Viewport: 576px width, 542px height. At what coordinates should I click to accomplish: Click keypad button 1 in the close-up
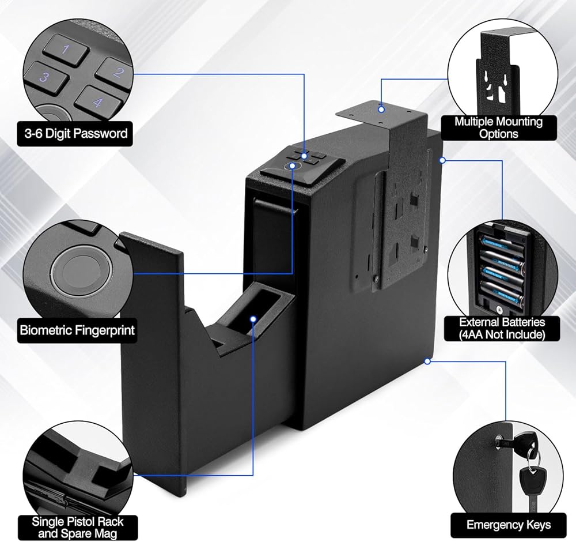point(66,49)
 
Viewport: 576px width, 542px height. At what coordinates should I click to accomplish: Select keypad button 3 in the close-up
point(46,78)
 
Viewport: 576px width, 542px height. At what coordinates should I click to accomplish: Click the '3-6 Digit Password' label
point(75,133)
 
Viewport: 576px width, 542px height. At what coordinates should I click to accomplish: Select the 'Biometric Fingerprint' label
point(77,330)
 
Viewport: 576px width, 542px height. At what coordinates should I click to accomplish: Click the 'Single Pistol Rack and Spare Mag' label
point(78,528)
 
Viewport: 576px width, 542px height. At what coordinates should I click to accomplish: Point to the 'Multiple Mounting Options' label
point(498,127)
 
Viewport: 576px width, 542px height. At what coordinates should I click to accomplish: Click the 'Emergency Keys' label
point(509,525)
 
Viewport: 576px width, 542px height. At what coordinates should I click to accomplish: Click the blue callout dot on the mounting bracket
point(381,109)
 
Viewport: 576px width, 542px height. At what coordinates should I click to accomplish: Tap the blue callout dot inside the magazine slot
point(253,319)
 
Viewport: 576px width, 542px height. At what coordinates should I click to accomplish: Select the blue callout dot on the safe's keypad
point(304,156)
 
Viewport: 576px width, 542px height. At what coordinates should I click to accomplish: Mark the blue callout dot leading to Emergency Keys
point(427,362)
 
